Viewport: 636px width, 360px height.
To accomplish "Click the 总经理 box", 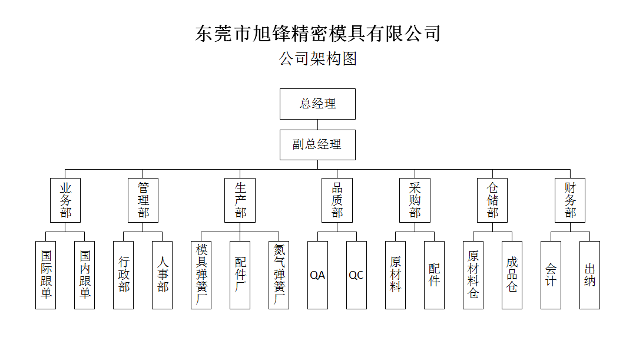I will pos(317,104).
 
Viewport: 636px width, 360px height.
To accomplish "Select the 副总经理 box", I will pos(317,144).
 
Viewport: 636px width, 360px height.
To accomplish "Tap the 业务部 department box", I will pos(65,200).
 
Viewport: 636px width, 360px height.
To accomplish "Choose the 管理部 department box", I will pos(143,200).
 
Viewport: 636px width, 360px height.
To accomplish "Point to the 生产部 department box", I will pos(240,200).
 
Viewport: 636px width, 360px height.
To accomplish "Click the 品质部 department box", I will pos(337,200).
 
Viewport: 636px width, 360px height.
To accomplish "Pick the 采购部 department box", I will pos(415,200).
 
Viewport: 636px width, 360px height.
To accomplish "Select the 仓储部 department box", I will pos(492,200).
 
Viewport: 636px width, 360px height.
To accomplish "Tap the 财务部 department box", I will pos(570,200).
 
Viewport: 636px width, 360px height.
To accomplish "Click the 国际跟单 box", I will pos(46,275).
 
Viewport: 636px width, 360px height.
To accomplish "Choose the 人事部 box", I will pos(163,275).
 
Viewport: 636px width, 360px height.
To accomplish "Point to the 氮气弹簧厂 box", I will pos(279,275).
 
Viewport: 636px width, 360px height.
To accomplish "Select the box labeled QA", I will pos(317,275).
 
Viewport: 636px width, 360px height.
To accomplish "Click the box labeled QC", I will pos(356,275).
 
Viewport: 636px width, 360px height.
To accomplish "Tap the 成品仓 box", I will pos(512,275).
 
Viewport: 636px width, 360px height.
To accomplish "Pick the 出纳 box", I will pos(589,275).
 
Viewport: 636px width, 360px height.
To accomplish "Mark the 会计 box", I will pos(551,275).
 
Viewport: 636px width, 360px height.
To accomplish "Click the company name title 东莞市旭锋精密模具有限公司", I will pos(317,33).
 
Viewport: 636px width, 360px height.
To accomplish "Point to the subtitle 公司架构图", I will pos(317,58).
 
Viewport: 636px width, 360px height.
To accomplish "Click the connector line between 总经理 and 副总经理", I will pos(317,124).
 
